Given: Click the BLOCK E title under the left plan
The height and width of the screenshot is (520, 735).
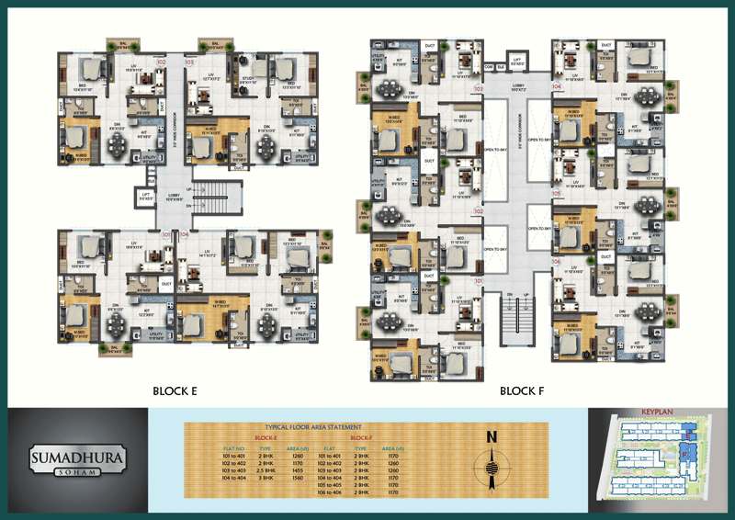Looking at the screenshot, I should (x=175, y=390).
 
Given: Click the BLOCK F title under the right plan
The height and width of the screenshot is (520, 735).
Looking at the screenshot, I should (x=523, y=390).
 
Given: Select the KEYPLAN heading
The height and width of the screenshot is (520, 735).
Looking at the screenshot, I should (x=660, y=413).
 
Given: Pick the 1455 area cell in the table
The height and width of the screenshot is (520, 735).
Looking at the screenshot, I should (x=299, y=470).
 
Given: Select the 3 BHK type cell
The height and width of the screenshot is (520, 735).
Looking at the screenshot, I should (x=265, y=479).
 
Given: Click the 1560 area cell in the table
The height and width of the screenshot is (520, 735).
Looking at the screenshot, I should (x=299, y=479).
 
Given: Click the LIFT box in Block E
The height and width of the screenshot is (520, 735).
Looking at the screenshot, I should (x=144, y=195).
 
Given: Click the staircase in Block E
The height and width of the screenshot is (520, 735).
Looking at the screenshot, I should (x=214, y=195).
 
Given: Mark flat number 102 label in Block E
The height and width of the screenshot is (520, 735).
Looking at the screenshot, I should (x=161, y=62).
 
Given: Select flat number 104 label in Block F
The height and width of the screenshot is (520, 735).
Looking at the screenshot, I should (x=556, y=87).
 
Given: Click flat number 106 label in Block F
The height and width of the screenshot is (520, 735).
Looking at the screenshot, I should (x=556, y=261).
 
